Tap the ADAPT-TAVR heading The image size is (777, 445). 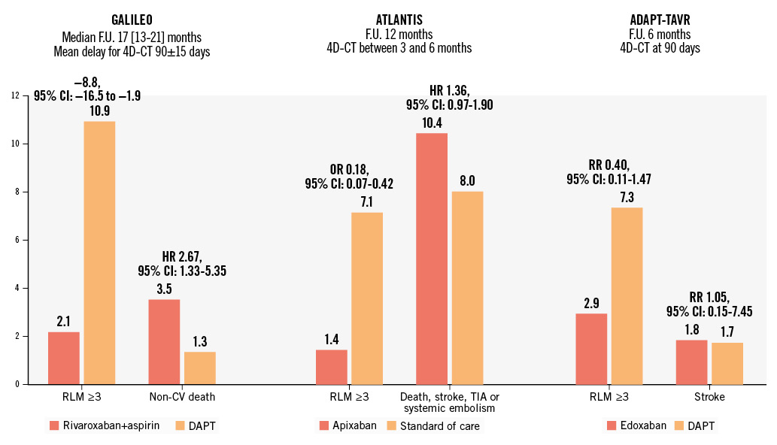(x=663, y=18)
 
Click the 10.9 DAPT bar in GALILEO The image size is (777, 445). (x=99, y=253)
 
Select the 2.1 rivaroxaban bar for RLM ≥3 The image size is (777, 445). (x=63, y=358)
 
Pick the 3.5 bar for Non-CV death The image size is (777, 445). (x=163, y=342)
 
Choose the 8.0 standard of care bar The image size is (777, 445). (x=468, y=288)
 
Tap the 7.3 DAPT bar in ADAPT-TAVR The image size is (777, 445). (x=627, y=295)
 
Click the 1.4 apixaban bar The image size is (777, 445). (x=332, y=367)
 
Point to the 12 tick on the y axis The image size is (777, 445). (x=15, y=95)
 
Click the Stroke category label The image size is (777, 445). (x=709, y=397)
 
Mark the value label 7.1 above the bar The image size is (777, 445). (x=367, y=201)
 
